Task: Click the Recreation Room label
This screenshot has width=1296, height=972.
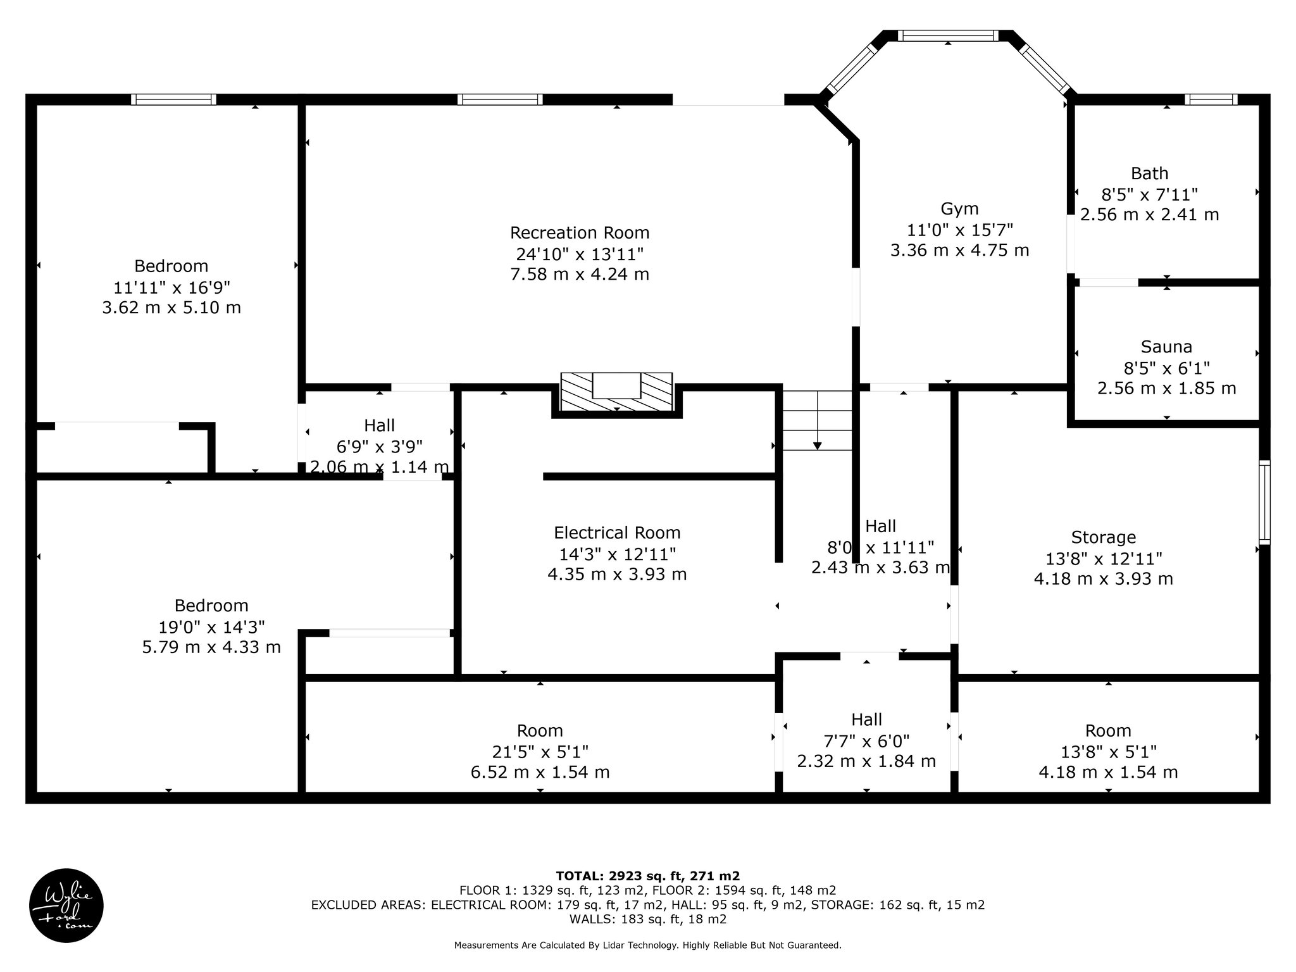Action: pos(580,233)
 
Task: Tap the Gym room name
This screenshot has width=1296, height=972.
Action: pos(959,209)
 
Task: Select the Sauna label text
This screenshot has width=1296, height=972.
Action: pos(1166,347)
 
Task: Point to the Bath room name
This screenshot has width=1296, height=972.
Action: pos(1149,173)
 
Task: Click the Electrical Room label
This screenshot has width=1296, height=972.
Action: pos(617,533)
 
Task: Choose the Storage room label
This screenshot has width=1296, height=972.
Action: pos(1103,538)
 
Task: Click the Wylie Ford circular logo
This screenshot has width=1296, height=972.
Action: pos(66,906)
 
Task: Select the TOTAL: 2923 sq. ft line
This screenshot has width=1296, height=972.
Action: pos(647,876)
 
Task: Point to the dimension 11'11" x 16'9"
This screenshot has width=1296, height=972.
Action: pos(171,287)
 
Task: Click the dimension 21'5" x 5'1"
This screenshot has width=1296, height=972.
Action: pos(540,752)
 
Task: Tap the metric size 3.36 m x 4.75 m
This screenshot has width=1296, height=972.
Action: pos(959,250)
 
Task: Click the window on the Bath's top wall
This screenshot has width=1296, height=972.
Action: pos(1211,99)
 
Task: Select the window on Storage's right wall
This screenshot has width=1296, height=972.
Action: pos(1264,502)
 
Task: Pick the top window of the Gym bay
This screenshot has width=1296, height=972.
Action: pos(947,35)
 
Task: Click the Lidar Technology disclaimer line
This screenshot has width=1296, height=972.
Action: pos(647,945)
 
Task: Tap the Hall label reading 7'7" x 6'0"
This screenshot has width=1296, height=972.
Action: pos(866,740)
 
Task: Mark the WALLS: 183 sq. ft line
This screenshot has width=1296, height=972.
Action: pos(647,919)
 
